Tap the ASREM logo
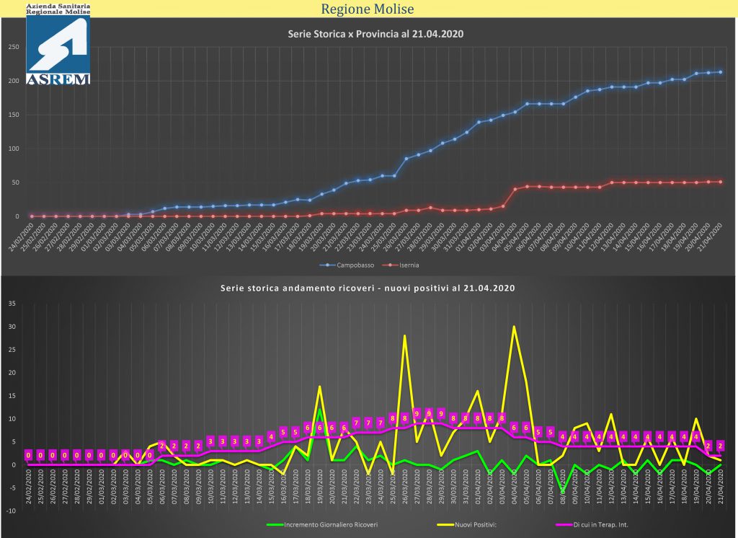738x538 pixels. (58, 50)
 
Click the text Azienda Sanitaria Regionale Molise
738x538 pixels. (58, 9)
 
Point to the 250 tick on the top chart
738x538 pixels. (13, 48)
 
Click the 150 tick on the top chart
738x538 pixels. (13, 115)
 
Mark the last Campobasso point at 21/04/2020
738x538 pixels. (721, 72)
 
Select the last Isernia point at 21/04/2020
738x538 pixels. (721, 182)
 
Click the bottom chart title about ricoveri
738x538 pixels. (368, 288)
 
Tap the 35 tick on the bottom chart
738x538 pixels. (11, 304)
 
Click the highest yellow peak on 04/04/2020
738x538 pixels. (514, 327)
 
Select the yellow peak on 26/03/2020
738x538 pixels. (404, 335)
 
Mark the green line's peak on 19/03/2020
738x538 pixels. (319, 410)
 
